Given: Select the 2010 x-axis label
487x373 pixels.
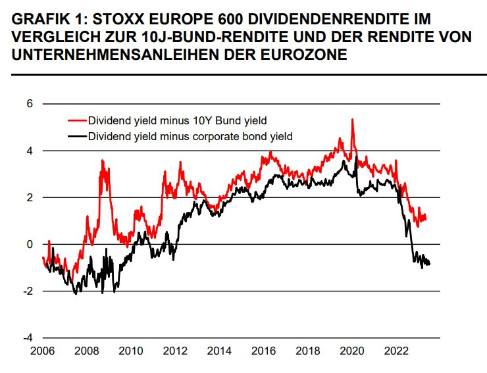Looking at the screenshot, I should [130, 350].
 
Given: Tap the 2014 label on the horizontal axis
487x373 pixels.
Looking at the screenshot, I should [219, 350].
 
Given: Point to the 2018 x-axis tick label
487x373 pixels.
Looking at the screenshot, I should [308, 350].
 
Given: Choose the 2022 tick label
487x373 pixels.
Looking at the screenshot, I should [396, 350].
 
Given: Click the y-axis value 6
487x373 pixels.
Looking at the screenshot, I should [29, 104].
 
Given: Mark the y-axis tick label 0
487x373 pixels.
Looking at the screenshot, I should [29, 244].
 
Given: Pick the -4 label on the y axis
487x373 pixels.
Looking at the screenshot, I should [27, 337].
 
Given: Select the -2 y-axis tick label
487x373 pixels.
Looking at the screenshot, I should [27, 291].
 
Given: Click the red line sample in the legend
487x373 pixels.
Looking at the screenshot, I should [77, 121].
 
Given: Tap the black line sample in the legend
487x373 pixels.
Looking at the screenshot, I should [77, 136].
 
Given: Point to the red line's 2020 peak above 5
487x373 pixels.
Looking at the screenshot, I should [353, 120].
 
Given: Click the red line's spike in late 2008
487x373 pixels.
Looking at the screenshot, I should [102, 161].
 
